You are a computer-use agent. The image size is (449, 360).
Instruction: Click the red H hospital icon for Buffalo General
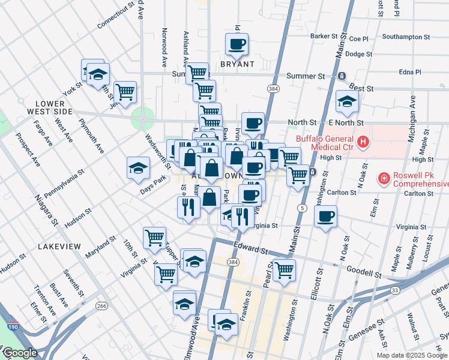pyautogui.click(x=363, y=142)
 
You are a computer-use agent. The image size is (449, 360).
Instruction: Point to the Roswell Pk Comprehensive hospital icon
pyautogui.click(x=383, y=178)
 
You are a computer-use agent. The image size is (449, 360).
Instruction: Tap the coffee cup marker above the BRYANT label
pyautogui.click(x=237, y=44)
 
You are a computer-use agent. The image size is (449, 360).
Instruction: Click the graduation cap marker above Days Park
pyautogui.click(x=138, y=168)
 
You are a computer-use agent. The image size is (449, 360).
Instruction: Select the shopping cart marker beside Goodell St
pyautogui.click(x=283, y=269)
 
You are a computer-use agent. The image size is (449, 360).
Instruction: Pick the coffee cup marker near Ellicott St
pyautogui.click(x=326, y=217)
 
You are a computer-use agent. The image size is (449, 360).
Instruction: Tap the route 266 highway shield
pyautogui.click(x=102, y=306)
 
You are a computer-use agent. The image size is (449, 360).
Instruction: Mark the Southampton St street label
pyautogui.click(x=406, y=37)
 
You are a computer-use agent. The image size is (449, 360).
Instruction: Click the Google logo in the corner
pyautogui.click(x=20, y=353)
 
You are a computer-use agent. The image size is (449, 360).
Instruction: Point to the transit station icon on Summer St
pyautogui.click(x=341, y=76)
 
